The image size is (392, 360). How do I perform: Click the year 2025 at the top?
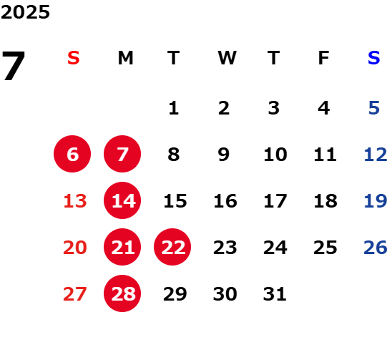coord(25,12)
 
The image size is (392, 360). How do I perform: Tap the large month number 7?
coord(14,66)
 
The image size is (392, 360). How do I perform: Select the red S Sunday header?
coord(74,58)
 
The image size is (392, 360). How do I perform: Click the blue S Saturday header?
coord(374,58)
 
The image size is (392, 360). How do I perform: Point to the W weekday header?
coord(227,58)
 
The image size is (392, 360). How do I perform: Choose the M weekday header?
coord(125,58)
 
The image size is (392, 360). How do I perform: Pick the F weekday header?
coord(324,58)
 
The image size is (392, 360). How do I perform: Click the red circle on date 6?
coord(72,154)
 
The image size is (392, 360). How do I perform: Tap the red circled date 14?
coord(122,200)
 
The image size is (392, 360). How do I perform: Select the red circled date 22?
coord(172,247)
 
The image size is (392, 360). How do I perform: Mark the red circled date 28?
coord(122,293)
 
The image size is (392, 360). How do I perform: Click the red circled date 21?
coord(122,247)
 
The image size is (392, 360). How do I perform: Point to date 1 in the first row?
coord(174,108)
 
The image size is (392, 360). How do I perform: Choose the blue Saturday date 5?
coord(374,108)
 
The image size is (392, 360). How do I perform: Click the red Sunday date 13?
coord(75,201)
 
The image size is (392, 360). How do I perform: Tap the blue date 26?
coord(376,248)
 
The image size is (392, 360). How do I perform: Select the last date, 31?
coord(275,293)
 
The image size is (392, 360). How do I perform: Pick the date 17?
coord(275,201)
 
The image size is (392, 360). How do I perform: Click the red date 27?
coord(75,293)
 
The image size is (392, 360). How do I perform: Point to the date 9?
coord(224,155)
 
